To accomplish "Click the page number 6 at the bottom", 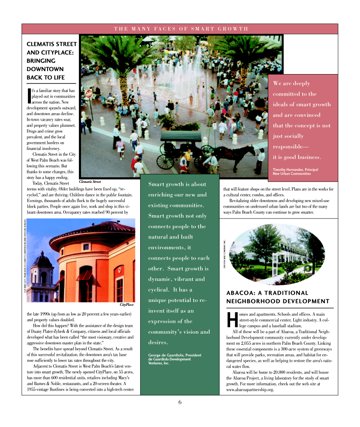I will tap(180, 402).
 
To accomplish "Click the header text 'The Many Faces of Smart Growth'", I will tap(181, 29).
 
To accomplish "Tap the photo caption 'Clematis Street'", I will tap(90, 182).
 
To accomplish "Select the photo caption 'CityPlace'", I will tap(126, 305).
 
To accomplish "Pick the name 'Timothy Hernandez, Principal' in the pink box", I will tap(295, 170).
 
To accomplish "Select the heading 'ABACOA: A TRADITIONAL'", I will tap(267, 293).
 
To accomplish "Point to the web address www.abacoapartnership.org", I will tap(250, 390).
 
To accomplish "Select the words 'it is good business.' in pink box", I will tap(297, 157).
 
